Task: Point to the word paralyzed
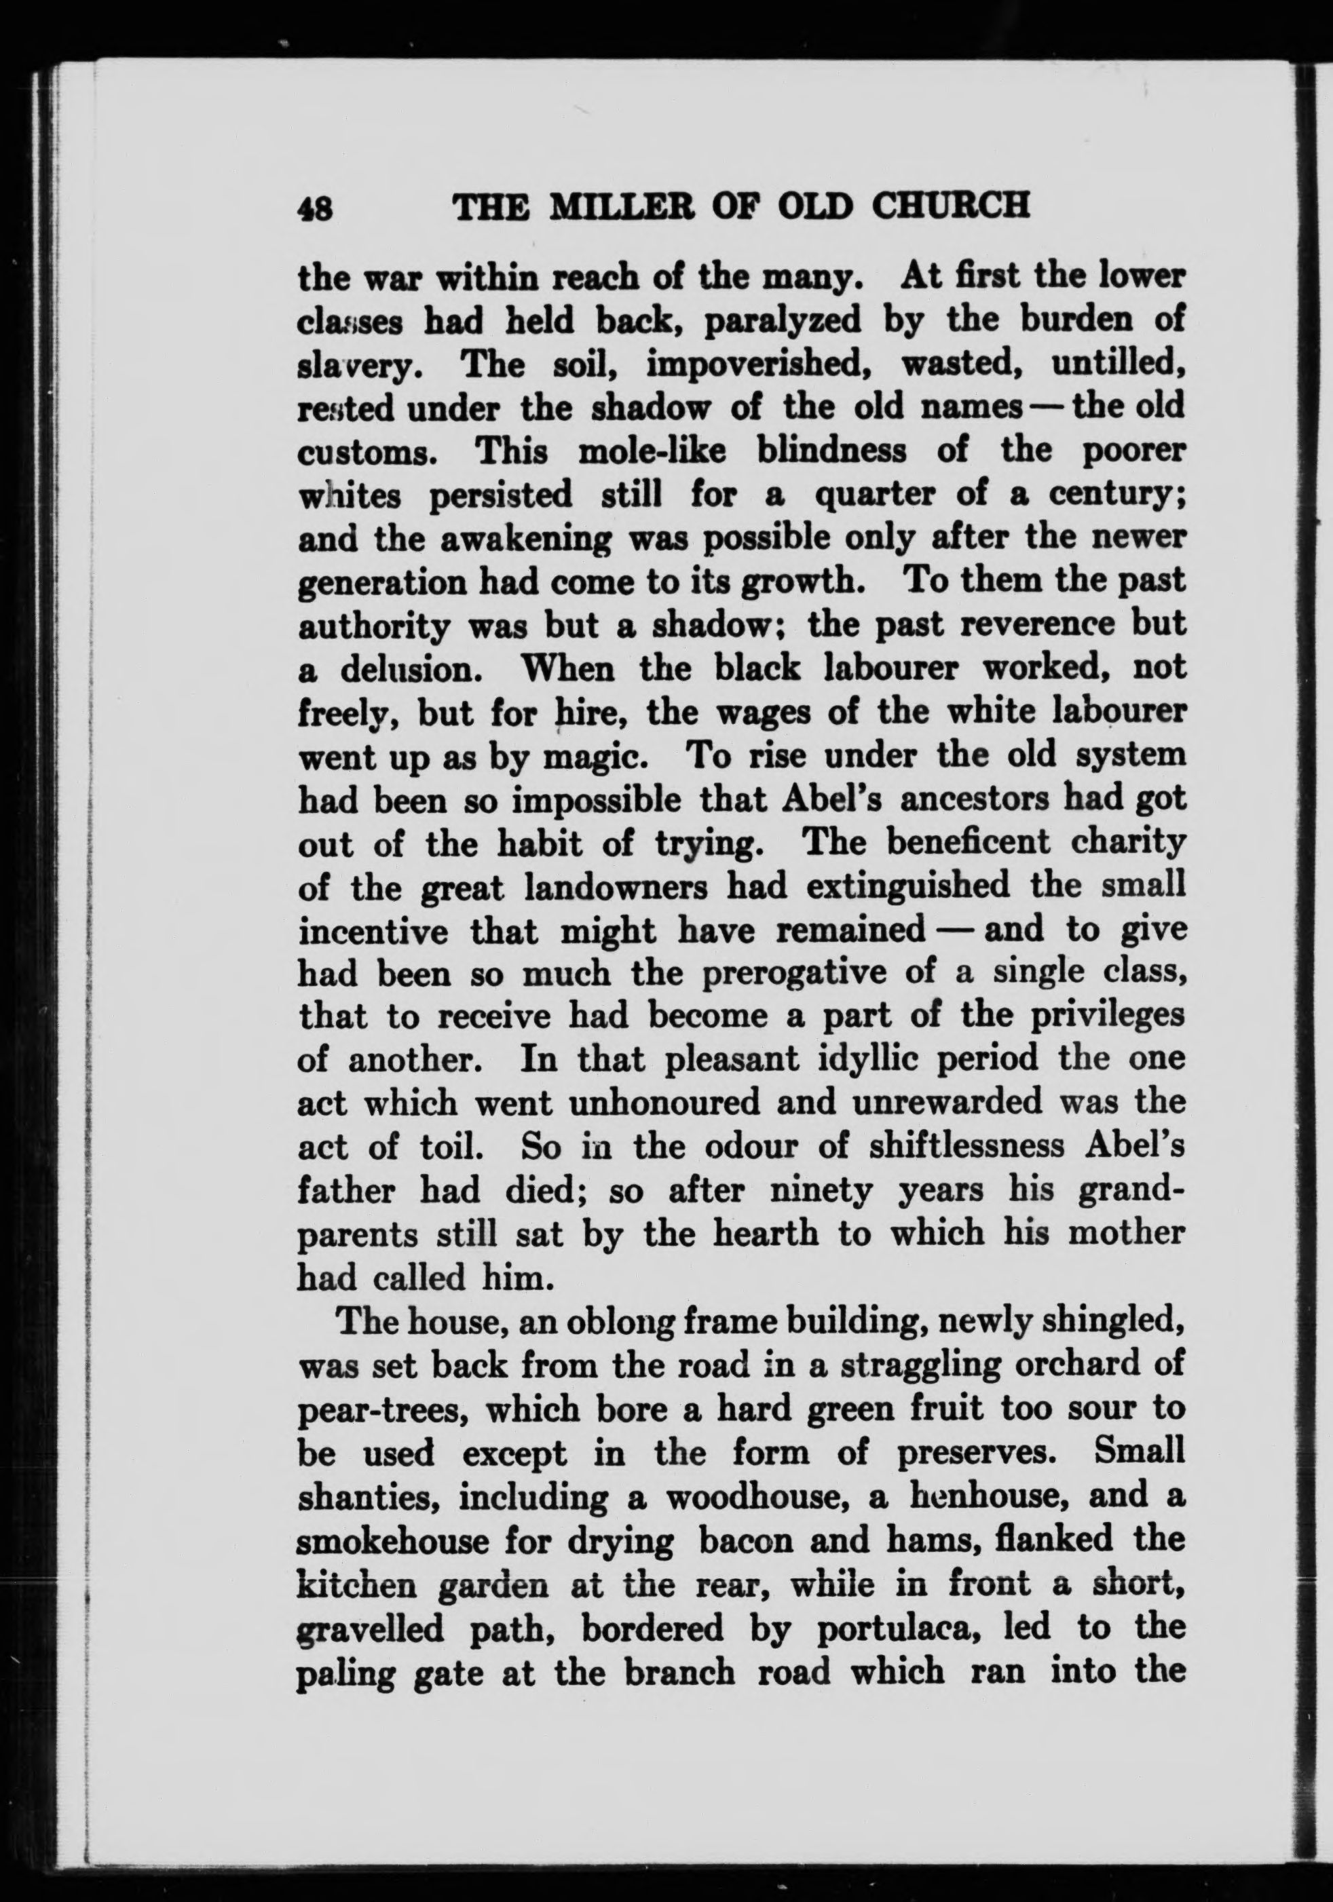point(782,320)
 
